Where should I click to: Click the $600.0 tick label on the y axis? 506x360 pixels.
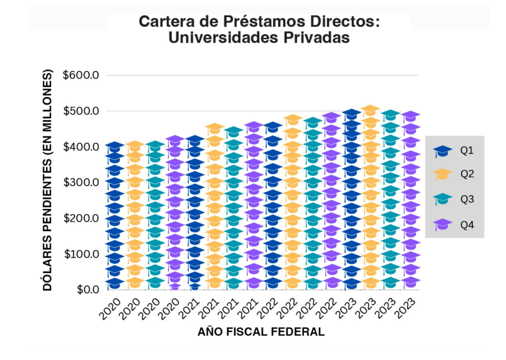click(81, 75)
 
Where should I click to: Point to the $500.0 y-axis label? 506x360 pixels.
click(81, 111)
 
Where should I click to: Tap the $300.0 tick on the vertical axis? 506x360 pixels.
click(81, 182)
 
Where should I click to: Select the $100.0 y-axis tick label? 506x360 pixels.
click(81, 254)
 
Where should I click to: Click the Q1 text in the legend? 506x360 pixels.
click(467, 150)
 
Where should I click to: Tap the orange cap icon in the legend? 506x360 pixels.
click(443, 174)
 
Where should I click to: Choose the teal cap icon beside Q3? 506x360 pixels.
click(443, 199)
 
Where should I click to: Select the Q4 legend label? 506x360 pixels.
click(467, 225)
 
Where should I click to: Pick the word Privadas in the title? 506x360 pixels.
click(316, 38)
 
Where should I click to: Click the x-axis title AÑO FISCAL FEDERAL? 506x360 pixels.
click(261, 332)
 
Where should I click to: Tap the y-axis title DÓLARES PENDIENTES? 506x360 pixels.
click(47, 180)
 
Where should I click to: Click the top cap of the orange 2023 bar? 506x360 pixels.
click(370, 110)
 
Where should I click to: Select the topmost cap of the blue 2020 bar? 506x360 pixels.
click(115, 147)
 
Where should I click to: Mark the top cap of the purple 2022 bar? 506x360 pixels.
click(331, 117)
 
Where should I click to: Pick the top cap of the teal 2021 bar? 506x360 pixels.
click(233, 131)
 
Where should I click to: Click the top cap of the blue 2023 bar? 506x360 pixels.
click(351, 114)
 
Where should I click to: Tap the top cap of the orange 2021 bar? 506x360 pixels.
click(215, 128)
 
